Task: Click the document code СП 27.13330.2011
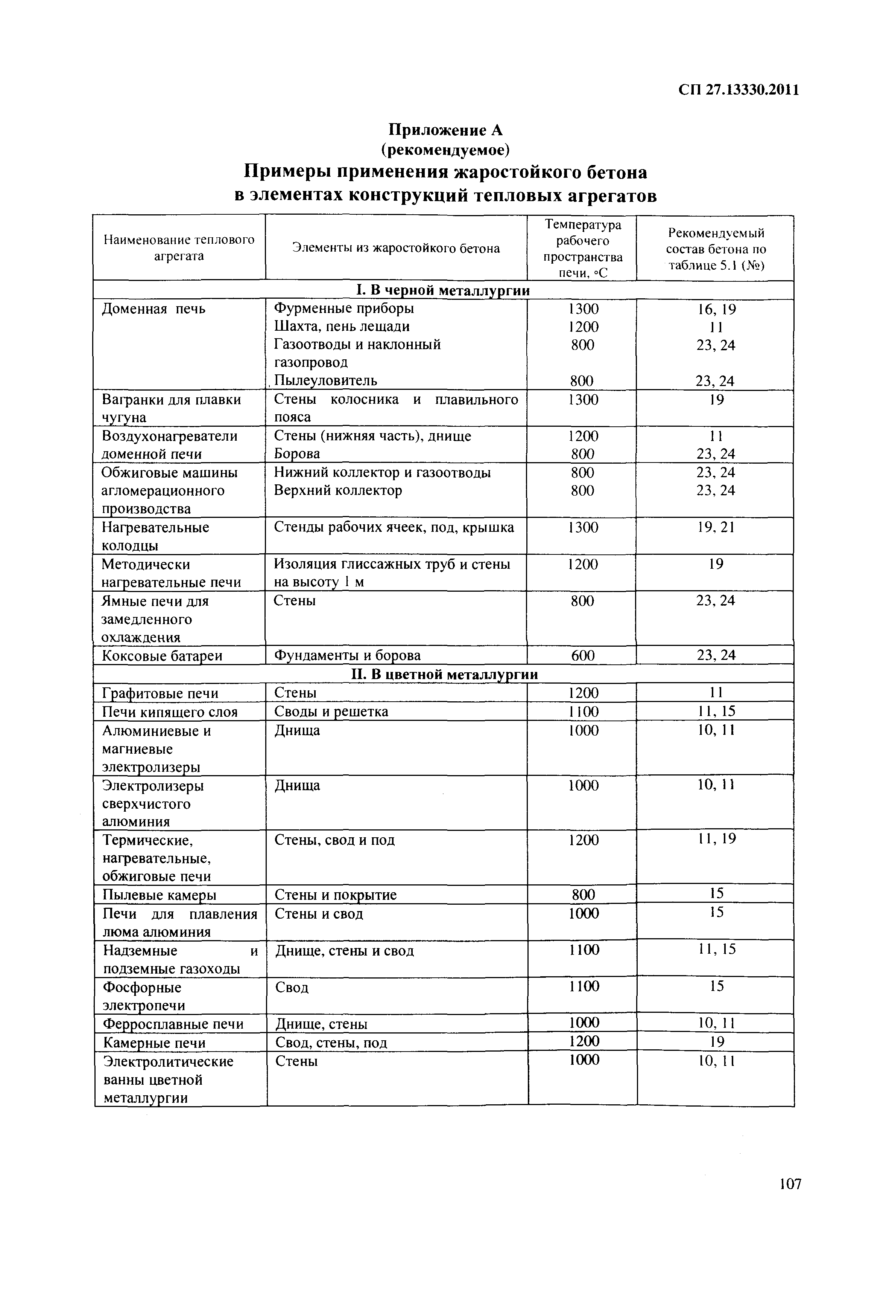pos(739,90)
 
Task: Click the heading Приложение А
pos(445,130)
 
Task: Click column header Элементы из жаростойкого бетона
pos(396,248)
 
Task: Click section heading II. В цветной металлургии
pos(444,675)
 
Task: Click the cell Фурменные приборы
pos(344,308)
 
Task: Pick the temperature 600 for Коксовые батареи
pos(583,656)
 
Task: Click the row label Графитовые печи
pos(160,693)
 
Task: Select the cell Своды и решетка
pos(331,712)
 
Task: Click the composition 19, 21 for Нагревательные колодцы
pos(716,527)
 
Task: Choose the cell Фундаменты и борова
pos(348,656)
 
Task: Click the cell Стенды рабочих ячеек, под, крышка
pos(394,527)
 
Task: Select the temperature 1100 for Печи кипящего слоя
pos(583,712)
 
